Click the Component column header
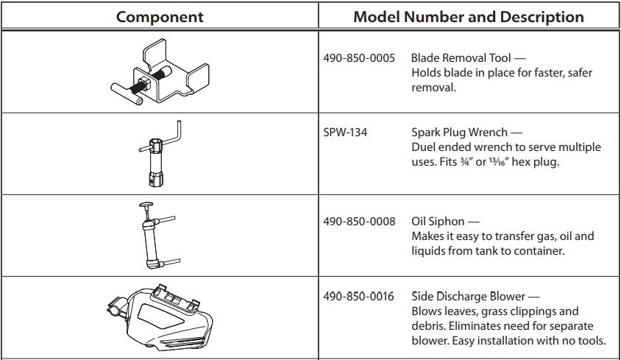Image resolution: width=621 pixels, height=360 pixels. click(x=160, y=17)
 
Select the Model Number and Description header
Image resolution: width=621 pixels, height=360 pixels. click(x=469, y=17)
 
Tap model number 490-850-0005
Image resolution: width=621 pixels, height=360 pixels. click(x=359, y=57)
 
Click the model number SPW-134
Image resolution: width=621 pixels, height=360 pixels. click(x=345, y=133)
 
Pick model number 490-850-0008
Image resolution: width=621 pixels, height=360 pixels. click(x=359, y=222)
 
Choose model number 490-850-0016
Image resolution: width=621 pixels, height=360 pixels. click(x=359, y=297)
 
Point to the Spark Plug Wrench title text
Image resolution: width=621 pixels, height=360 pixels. click(x=460, y=133)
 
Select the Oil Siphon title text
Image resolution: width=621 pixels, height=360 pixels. click(x=439, y=222)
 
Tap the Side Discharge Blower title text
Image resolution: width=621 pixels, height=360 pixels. click(x=469, y=297)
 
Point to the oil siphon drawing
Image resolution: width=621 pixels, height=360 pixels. click(x=154, y=236)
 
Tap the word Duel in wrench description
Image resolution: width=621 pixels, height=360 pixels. click(x=424, y=147)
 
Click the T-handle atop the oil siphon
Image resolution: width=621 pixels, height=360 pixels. click(x=146, y=207)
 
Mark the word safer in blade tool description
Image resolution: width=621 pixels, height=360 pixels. click(x=577, y=72)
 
